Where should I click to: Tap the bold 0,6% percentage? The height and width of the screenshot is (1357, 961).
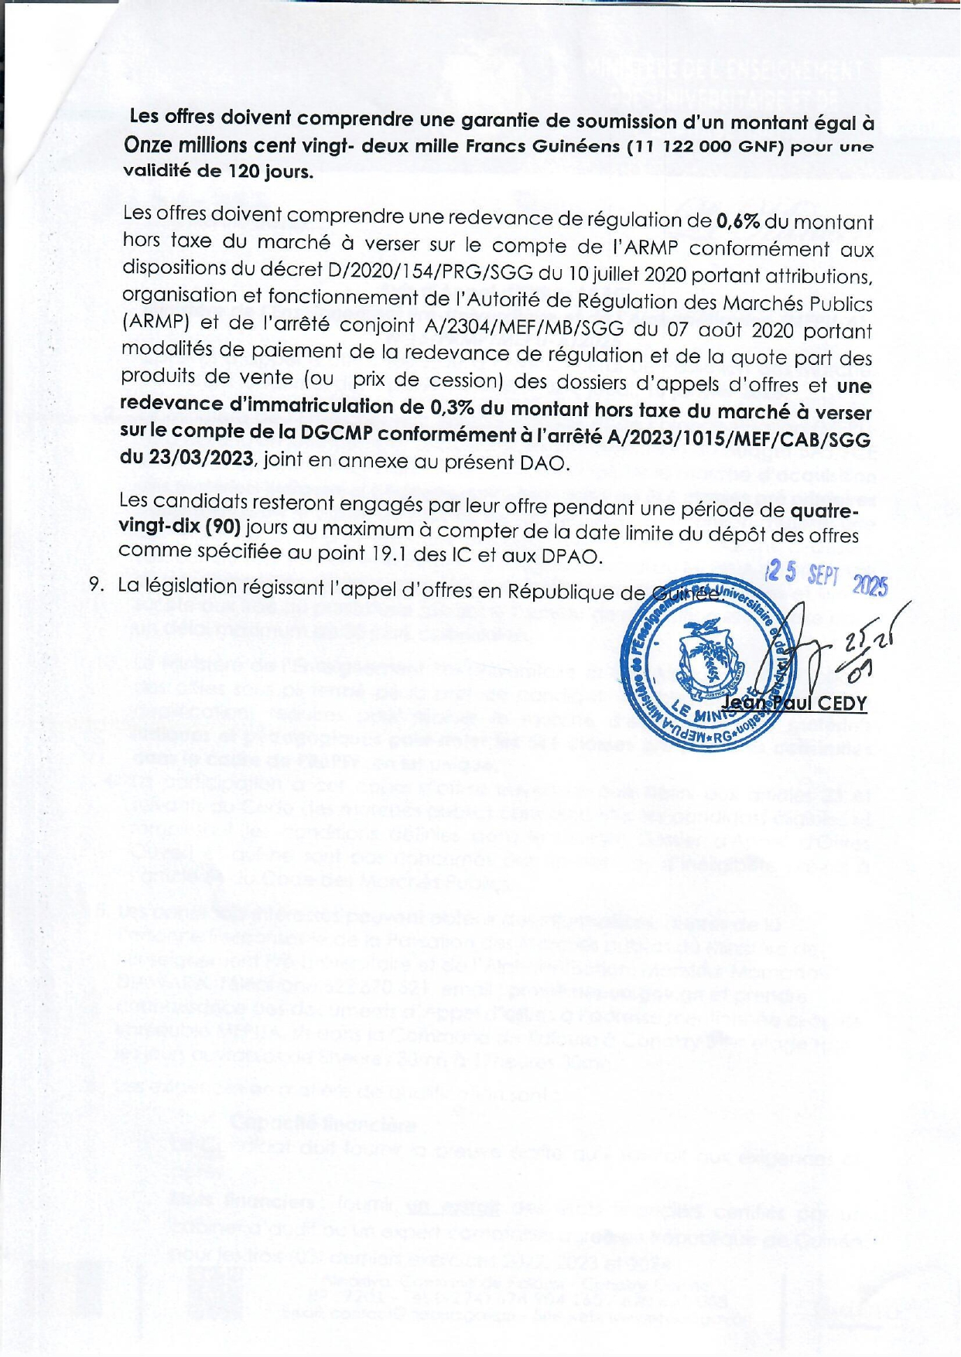point(738,222)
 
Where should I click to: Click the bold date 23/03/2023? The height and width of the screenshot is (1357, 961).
point(187,458)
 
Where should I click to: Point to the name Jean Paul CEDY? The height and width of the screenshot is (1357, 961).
point(794,704)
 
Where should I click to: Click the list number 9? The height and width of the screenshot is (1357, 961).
point(97,584)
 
